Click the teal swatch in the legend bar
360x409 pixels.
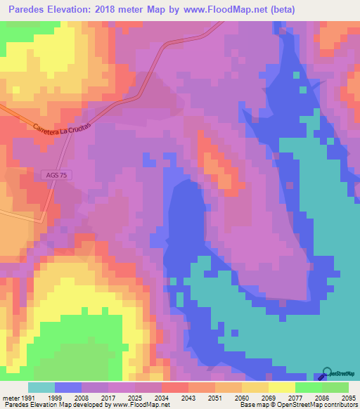[x=41, y=387]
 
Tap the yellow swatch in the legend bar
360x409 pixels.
[x=281, y=387]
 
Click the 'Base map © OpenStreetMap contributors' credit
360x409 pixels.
[x=298, y=405]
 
